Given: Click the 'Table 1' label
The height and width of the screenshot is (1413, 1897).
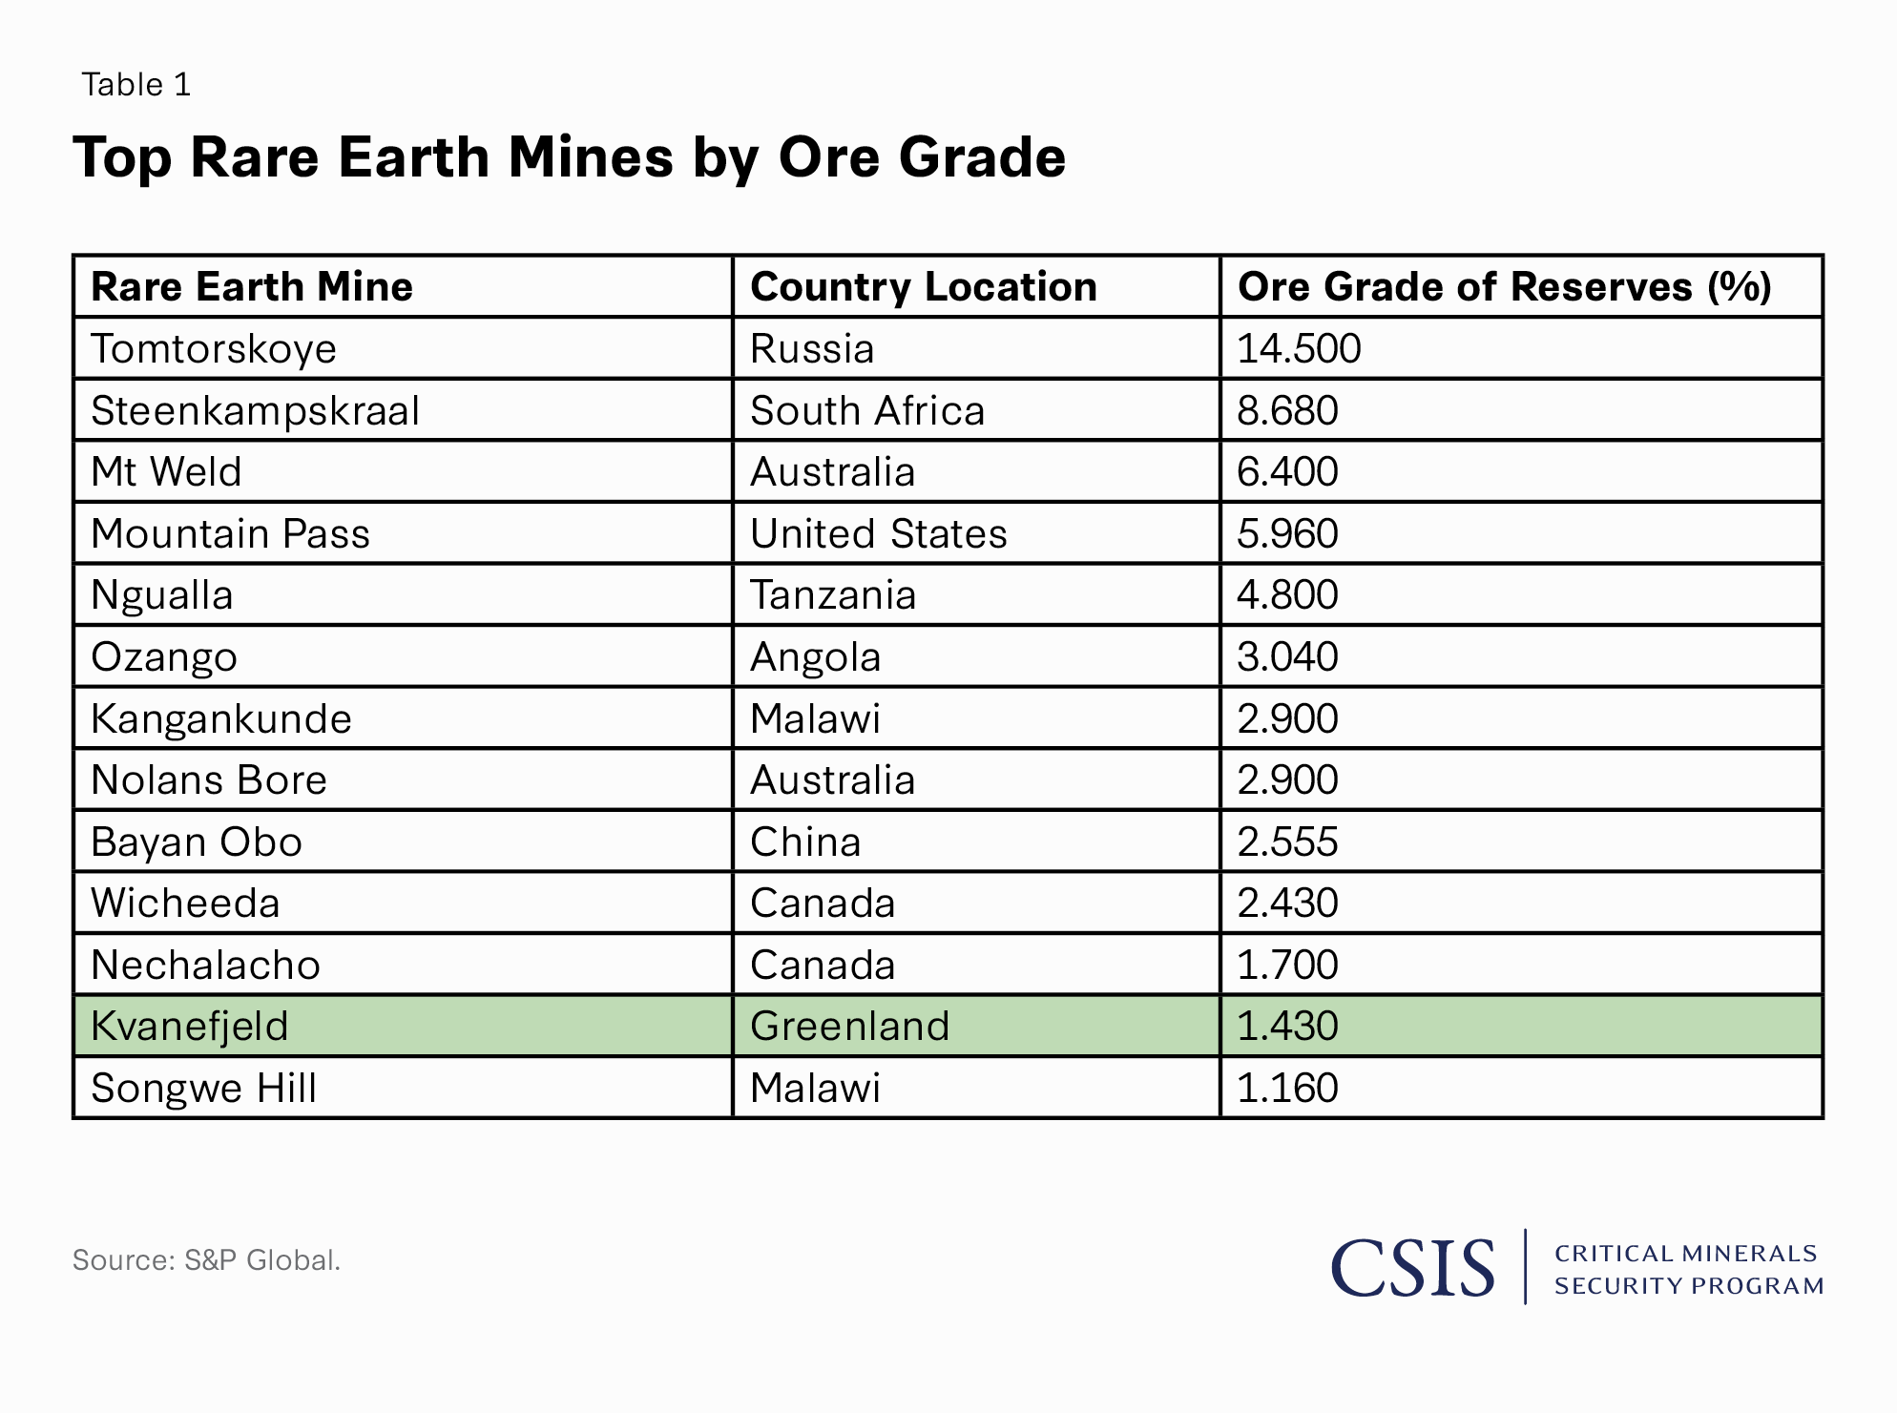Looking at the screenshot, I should [136, 85].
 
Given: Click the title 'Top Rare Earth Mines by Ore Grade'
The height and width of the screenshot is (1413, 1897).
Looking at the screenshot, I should [569, 157].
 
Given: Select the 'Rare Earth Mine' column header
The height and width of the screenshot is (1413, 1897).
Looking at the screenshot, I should [252, 287].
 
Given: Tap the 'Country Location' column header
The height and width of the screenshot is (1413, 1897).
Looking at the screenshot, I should [923, 287].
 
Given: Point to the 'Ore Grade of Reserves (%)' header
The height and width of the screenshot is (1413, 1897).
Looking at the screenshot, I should [1504, 287].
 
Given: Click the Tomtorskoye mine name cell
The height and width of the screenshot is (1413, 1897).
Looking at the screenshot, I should [214, 349].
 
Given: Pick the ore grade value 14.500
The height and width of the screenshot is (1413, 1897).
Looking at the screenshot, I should [1299, 349].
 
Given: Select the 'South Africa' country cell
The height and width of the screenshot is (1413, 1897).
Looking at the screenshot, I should [866, 411].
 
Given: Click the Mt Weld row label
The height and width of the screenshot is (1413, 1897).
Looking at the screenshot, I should [166, 472].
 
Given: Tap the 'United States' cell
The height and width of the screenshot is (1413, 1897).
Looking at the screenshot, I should [878, 534].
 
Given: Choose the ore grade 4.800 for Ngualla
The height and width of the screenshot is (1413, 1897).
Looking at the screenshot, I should [1287, 595].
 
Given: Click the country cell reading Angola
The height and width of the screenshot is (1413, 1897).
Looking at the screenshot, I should [815, 657].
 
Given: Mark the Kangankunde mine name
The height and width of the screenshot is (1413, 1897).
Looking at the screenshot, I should [221, 719].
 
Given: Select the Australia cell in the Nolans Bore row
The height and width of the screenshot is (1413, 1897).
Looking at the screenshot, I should [832, 780].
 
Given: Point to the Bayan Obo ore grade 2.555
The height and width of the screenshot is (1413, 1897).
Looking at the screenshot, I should [1287, 842].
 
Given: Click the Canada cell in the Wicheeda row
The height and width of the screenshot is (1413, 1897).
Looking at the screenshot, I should [823, 904].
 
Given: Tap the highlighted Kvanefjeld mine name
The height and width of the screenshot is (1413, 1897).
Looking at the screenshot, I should [189, 1027].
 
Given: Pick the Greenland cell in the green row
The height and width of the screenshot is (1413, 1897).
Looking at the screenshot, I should [849, 1027].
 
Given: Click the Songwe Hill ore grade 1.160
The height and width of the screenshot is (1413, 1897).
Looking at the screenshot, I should [1287, 1089].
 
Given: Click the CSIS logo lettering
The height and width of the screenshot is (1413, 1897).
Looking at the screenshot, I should [1412, 1268].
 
